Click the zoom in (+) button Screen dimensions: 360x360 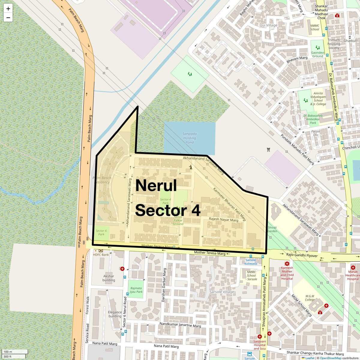pos(8,9)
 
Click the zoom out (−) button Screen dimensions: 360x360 pos(8,17)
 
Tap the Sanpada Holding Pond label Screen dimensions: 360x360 pos(190,138)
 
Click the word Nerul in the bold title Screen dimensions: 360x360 pos(156,185)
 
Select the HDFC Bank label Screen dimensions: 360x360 pos(101,255)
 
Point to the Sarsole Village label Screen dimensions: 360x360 pos(222,292)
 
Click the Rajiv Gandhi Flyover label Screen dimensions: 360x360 pos(302,255)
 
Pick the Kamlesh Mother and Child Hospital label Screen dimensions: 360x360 pos(287,273)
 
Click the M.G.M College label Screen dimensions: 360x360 pos(310,298)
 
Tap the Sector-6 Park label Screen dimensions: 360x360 pos(101,232)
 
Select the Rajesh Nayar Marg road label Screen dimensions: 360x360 pos(223,220)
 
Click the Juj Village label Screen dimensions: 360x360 pos(269,25)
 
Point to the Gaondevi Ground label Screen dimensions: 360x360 pos(317,54)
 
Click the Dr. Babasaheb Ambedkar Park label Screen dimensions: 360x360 pos(313,119)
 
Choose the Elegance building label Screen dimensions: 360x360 pos(115,314)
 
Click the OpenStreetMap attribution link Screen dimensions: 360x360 pos(330,358)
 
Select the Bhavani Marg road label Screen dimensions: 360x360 pos(297,59)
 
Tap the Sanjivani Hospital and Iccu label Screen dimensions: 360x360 pos(259,345)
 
